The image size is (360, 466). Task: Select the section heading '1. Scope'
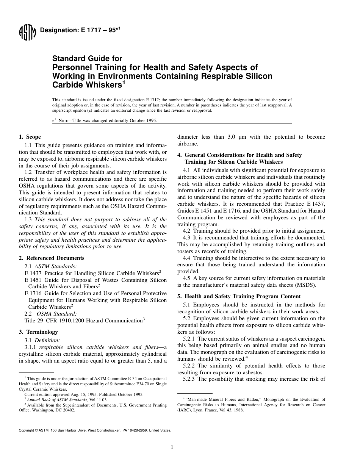(x=30, y=137)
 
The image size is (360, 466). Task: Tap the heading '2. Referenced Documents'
(x=52, y=258)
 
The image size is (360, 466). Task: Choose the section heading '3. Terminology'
(x=38, y=332)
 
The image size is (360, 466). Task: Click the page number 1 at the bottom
(x=172, y=447)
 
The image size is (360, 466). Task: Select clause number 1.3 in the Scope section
(x=29, y=219)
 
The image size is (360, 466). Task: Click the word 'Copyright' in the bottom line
(x=26, y=430)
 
